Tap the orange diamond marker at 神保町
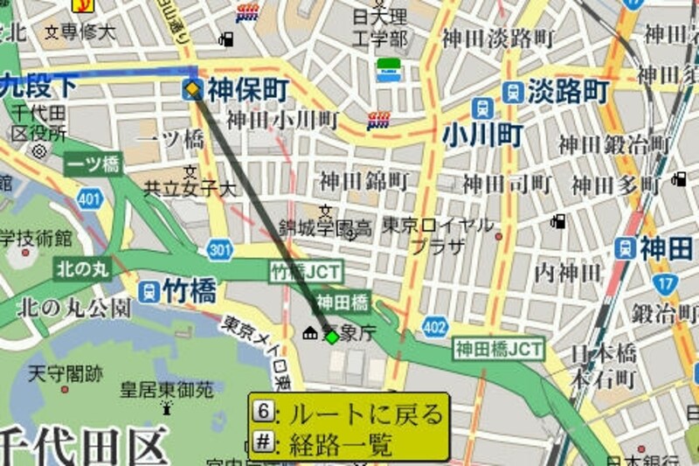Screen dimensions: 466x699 pyautogui.click(x=192, y=88)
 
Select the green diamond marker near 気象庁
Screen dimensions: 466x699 pyautogui.click(x=332, y=336)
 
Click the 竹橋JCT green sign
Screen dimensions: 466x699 pyautogui.click(x=306, y=271)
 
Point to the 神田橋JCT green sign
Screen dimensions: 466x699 pyautogui.click(x=498, y=350)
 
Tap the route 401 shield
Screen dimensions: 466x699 pyautogui.click(x=88, y=201)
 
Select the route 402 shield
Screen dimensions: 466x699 pyautogui.click(x=434, y=327)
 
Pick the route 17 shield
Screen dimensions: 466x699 pyautogui.click(x=666, y=283)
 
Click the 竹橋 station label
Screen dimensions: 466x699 pyautogui.click(x=189, y=289)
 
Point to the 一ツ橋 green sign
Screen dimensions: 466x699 pyautogui.click(x=93, y=163)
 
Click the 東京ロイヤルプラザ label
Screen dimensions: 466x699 pyautogui.click(x=438, y=234)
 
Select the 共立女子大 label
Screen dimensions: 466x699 pyautogui.click(x=190, y=188)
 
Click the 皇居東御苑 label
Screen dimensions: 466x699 pyautogui.click(x=167, y=389)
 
